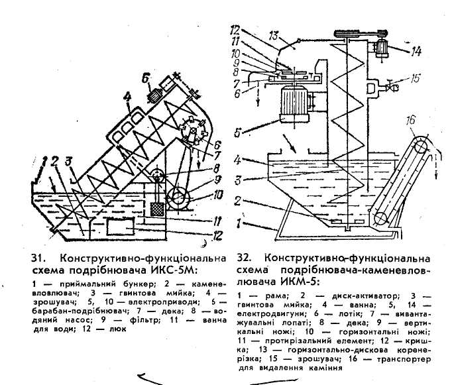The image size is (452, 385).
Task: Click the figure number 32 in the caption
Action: tap(242, 257)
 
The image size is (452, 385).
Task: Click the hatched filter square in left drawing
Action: tap(158, 207)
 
